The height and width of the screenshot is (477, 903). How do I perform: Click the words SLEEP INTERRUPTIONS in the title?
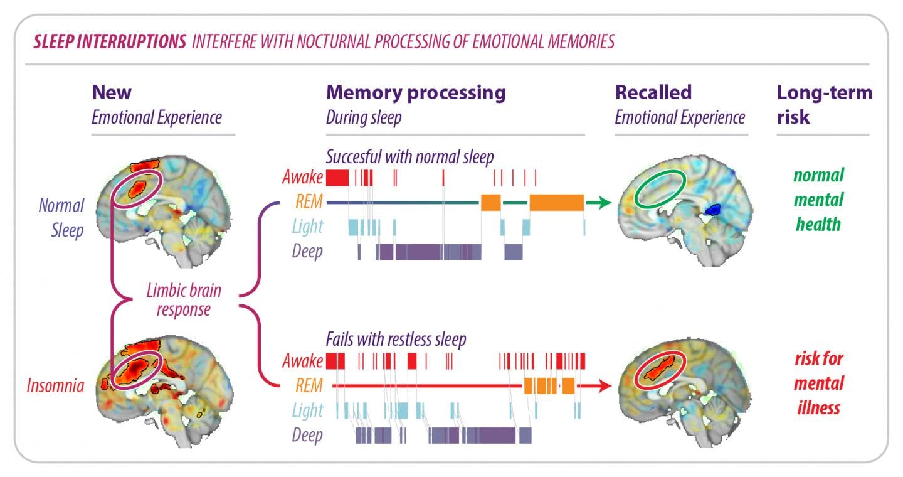tap(110, 42)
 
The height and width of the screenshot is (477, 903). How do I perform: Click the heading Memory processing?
tap(415, 93)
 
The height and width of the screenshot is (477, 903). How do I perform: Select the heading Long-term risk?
tap(824, 104)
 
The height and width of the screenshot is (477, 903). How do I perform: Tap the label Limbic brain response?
tap(183, 300)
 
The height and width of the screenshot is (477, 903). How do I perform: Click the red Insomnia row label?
tap(55, 385)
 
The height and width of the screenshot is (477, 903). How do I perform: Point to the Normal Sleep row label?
tap(61, 218)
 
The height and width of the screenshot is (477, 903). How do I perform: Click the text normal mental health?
tap(818, 200)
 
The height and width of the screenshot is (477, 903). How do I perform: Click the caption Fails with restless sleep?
tap(396, 340)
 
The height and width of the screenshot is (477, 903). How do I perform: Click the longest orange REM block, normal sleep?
tap(556, 202)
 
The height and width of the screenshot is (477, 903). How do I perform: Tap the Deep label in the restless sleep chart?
tap(307, 435)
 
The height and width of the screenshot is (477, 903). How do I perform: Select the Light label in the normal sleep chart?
tap(307, 227)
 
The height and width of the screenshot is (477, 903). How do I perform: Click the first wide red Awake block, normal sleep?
tap(337, 178)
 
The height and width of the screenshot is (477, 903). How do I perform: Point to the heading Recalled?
tap(653, 93)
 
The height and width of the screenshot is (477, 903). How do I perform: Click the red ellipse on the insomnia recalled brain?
tap(658, 370)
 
